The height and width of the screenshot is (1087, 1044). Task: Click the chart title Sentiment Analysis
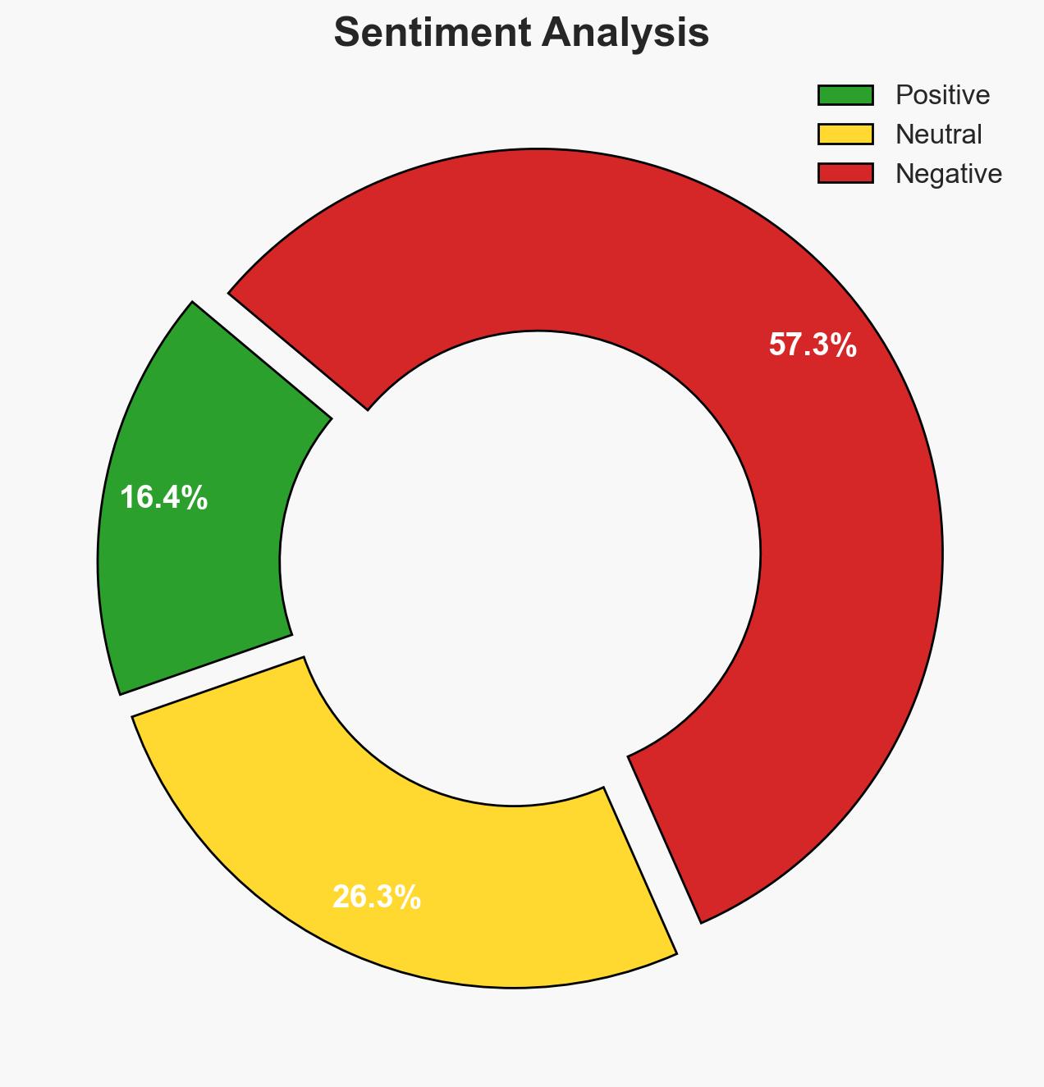(x=521, y=34)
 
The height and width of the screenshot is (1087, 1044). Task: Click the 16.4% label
(x=163, y=498)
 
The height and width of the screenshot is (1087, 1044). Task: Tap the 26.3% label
(x=377, y=897)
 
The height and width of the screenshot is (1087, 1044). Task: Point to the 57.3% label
(x=813, y=345)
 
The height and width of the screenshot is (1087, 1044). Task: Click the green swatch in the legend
(x=845, y=95)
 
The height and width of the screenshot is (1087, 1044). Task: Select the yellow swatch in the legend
(x=845, y=134)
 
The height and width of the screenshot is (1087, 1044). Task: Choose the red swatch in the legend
(x=845, y=173)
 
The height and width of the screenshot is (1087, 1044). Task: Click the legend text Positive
(x=942, y=95)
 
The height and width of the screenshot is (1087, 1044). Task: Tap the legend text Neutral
(x=938, y=134)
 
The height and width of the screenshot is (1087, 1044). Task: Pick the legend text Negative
(x=948, y=173)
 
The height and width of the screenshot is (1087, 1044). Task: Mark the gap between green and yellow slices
(x=209, y=675)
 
